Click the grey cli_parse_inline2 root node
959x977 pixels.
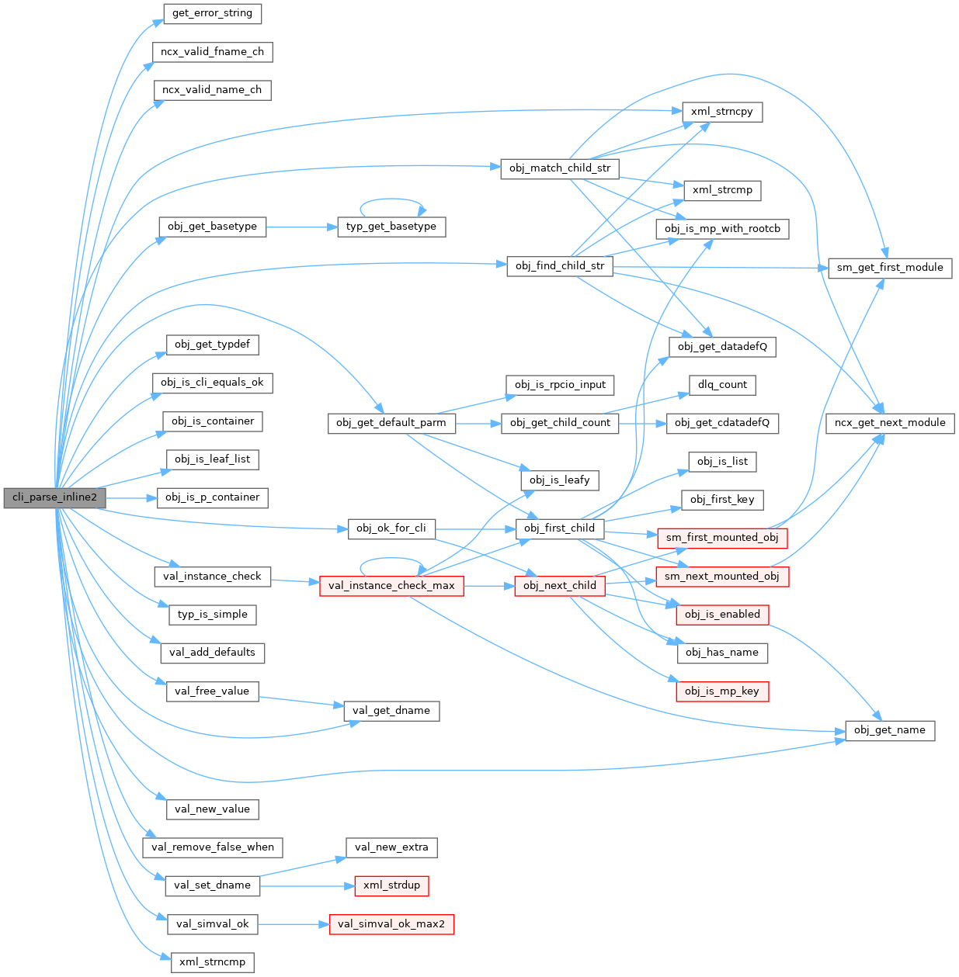54,497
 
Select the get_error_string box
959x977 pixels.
212,13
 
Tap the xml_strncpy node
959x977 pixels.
721,112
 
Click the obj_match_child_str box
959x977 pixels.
559,168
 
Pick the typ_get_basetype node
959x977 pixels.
391,227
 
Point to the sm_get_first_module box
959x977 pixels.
889,268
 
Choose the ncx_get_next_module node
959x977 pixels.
889,423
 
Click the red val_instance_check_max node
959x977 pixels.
391,586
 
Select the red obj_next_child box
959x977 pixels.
559,586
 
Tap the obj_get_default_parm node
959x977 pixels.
391,423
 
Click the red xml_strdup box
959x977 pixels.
391,885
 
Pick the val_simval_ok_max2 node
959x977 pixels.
391,924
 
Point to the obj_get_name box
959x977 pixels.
889,730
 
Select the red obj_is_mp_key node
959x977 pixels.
721,691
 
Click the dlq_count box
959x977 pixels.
721,385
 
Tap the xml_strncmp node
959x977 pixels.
212,962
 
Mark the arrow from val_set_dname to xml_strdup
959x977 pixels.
306,885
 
